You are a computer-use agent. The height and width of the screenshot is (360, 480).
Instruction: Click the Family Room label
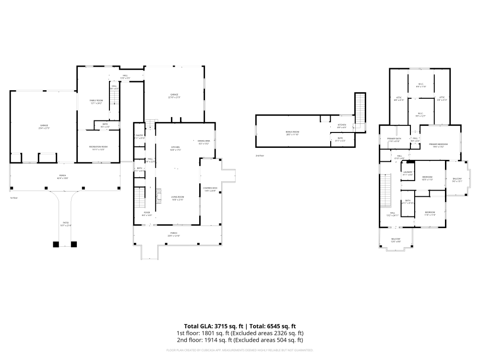coord(96,100)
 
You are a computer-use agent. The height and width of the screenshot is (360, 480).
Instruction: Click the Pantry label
coord(139,136)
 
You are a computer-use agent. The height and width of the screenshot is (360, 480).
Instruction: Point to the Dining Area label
coord(204,141)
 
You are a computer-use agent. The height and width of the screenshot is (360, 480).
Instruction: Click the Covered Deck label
coord(210,188)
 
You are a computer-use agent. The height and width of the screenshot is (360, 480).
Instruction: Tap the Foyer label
coord(147,213)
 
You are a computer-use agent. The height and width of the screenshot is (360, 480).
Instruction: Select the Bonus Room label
coord(292,132)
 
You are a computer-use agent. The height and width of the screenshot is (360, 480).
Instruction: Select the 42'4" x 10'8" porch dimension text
coord(62,178)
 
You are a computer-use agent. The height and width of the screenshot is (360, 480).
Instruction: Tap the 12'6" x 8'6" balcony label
coord(396,241)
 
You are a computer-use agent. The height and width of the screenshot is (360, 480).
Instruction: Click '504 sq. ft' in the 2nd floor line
coord(287,340)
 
